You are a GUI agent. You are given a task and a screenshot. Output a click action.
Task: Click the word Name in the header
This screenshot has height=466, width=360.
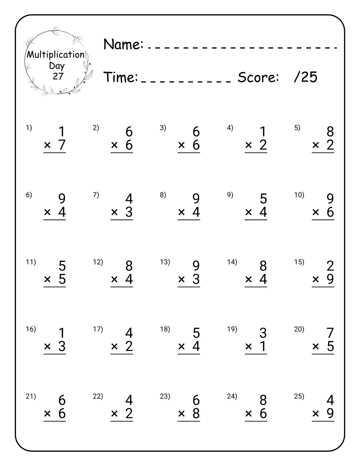click(x=123, y=44)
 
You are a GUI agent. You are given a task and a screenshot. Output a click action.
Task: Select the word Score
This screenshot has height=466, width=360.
click(x=258, y=77)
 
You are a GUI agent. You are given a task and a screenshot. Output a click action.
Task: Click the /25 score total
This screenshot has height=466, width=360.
click(x=306, y=77)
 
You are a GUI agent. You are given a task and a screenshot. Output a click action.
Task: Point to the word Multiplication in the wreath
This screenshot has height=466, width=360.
click(x=56, y=55)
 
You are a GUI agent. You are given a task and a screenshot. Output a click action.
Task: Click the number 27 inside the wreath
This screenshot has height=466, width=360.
click(x=58, y=76)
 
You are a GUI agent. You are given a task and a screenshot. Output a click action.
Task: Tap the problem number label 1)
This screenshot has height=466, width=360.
click(x=29, y=128)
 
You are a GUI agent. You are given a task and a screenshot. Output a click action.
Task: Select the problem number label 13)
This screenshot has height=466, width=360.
click(x=165, y=262)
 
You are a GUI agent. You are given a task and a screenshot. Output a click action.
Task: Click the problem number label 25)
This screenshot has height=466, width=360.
click(x=299, y=396)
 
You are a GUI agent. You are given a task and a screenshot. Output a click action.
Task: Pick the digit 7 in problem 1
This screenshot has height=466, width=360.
click(x=62, y=145)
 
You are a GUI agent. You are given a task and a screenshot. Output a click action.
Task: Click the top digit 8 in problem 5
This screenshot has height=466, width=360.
click(x=330, y=132)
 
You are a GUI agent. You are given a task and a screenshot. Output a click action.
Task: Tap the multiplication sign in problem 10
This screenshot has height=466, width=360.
click(x=316, y=212)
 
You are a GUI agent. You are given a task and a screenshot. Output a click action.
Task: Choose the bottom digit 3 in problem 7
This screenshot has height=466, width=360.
click(x=129, y=212)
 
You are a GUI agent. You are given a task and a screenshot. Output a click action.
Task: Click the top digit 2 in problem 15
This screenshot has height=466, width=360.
click(x=330, y=266)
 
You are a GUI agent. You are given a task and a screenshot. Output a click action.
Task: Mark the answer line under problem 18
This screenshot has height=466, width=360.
click(x=189, y=354)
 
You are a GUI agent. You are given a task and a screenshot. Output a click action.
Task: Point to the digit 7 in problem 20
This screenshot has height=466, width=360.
click(x=330, y=333)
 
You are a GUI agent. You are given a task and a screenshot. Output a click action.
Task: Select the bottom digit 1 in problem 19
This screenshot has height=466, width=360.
click(x=263, y=346)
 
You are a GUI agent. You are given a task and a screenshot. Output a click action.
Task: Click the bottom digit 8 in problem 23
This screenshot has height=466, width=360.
click(x=196, y=413)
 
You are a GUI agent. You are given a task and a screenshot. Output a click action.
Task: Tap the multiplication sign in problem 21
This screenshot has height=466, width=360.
click(x=47, y=414)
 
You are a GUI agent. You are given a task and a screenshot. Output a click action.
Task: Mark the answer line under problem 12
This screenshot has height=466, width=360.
click(x=122, y=287)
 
